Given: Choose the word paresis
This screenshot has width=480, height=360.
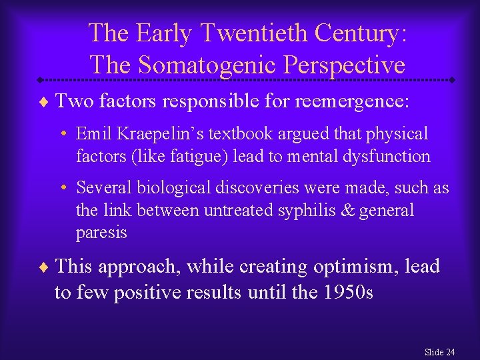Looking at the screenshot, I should [101, 233].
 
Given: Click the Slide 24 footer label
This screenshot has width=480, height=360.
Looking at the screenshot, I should [439, 351].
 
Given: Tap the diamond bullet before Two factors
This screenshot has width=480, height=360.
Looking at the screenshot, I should [43, 102].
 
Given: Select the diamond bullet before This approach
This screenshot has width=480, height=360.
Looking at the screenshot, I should [43, 267].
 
